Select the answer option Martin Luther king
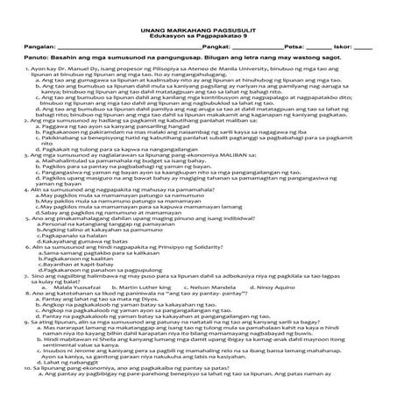pyautogui.click(x=157, y=285)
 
